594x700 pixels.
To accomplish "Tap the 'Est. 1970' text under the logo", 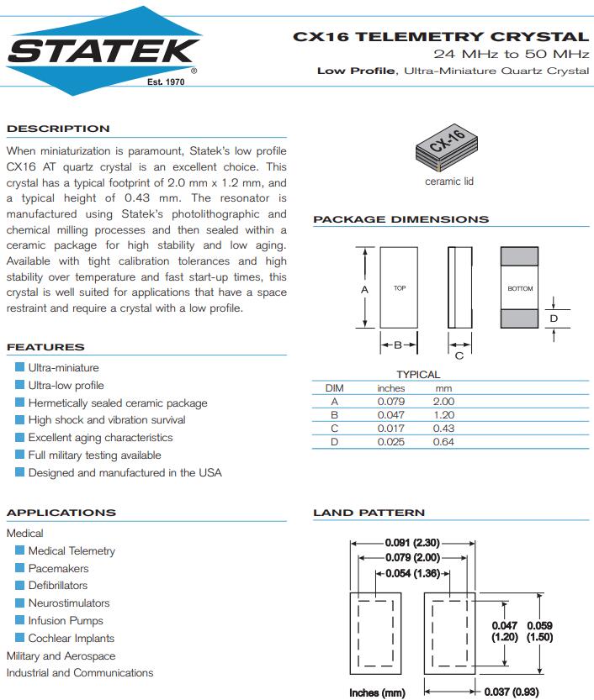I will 165,82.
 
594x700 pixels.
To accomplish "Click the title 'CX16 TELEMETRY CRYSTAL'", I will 440,36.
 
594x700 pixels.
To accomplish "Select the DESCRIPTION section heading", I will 58,129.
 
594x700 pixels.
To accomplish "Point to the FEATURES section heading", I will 45,347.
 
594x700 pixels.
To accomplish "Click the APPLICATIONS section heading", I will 61,513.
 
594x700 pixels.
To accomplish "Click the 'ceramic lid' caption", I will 448,182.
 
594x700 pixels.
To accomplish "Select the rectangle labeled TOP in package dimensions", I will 400,288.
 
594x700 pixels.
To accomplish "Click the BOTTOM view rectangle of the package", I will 520,288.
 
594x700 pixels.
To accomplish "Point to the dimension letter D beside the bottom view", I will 554,318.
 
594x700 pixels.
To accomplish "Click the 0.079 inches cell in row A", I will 390,402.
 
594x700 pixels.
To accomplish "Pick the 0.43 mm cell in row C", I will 443,429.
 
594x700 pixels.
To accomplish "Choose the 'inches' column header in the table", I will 390,388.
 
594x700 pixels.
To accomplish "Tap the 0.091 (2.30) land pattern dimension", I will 412,543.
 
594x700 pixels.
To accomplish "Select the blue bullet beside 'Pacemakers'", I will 19,568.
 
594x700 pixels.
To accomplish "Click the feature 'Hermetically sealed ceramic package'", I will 117,403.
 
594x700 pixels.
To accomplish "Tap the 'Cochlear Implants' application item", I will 71,638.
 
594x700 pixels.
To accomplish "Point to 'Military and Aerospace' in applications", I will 61,655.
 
